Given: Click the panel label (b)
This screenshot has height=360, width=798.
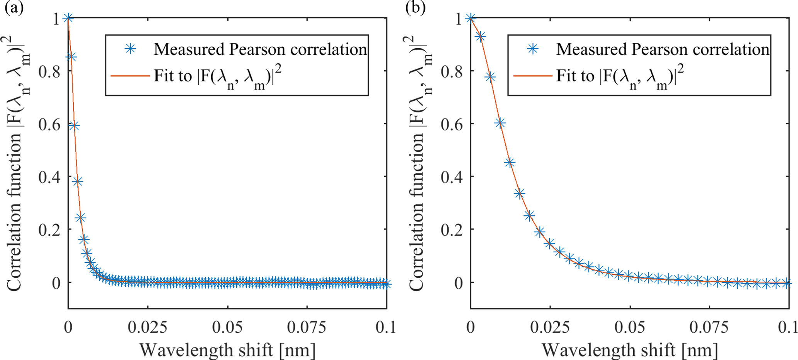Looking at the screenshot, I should [415, 8].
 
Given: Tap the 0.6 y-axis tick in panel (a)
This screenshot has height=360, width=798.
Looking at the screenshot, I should [49, 125].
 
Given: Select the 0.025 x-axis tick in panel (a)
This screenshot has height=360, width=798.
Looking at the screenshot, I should [148, 328].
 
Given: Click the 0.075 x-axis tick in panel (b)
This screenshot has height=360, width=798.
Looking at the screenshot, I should [709, 328].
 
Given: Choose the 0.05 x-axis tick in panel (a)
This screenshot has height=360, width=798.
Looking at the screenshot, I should [228, 328].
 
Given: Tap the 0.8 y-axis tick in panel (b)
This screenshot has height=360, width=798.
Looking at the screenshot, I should [451, 72].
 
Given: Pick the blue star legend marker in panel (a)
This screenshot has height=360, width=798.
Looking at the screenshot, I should [131, 49].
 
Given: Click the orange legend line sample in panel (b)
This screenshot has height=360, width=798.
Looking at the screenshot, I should [532, 76].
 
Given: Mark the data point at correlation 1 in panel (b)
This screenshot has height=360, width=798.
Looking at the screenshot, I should [470, 18].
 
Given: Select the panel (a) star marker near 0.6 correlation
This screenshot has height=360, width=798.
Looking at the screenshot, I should [75, 126].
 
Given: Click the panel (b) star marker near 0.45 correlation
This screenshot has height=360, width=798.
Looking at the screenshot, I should [510, 162].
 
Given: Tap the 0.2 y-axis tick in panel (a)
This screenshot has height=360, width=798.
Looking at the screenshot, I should [49, 230].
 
